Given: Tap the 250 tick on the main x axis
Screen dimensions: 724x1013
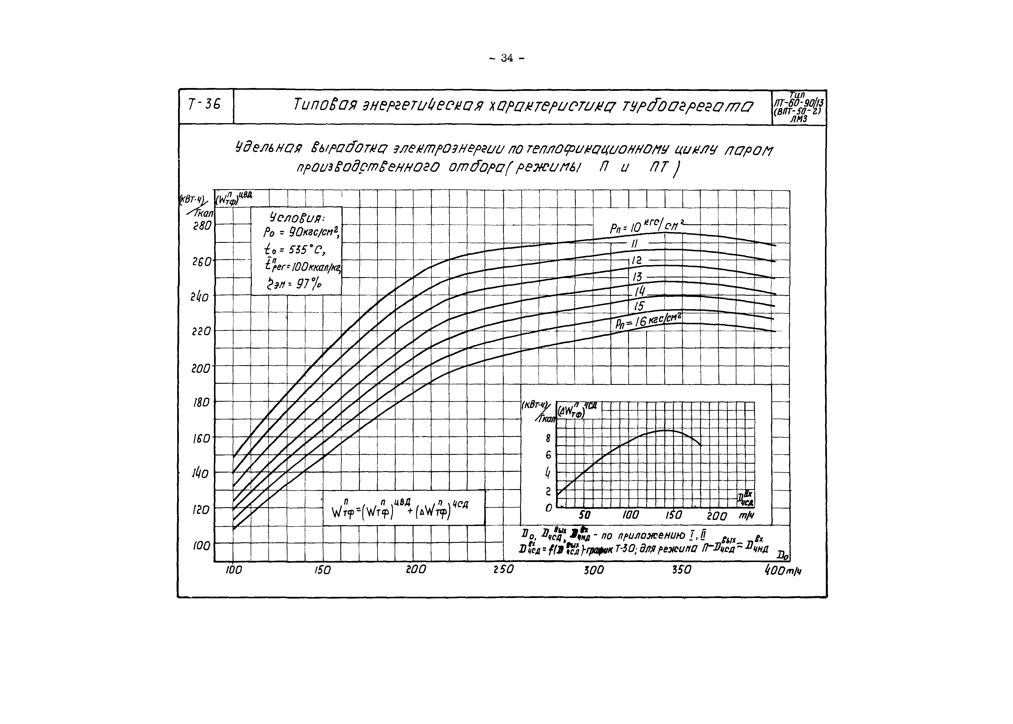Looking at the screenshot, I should tap(503, 570).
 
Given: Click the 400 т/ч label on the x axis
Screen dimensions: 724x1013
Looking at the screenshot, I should tap(782, 571).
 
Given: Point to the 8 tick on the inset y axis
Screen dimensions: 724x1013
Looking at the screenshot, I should tap(548, 439).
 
